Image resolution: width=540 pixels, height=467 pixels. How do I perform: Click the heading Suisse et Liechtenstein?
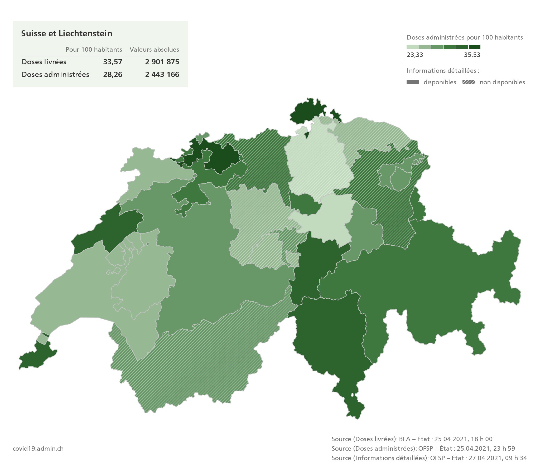click(66, 33)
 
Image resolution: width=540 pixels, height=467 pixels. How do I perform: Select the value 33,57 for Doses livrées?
click(113, 62)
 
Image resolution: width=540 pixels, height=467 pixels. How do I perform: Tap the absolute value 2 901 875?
click(162, 62)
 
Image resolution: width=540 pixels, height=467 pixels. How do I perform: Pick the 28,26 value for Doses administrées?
click(113, 75)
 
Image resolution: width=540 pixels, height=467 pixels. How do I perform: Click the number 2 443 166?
click(162, 75)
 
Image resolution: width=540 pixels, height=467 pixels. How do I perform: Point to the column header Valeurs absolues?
click(154, 50)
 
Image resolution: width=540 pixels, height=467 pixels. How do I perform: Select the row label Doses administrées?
click(55, 75)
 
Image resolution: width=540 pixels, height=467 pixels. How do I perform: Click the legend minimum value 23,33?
click(415, 55)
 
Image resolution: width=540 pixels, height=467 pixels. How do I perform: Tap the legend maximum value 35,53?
click(472, 55)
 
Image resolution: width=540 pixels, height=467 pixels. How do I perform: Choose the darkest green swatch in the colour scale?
click(475, 47)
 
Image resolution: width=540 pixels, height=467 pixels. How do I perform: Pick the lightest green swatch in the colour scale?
click(413, 47)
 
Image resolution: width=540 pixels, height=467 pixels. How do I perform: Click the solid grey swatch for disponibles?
click(413, 82)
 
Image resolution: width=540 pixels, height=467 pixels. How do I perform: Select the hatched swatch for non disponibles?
click(469, 82)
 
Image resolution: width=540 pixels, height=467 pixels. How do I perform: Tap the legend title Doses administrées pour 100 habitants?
click(465, 37)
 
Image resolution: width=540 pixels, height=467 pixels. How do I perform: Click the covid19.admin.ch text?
click(38, 449)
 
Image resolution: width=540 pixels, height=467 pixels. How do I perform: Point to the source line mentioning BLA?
click(412, 439)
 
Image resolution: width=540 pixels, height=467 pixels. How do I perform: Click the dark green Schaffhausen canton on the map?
click(306, 112)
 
